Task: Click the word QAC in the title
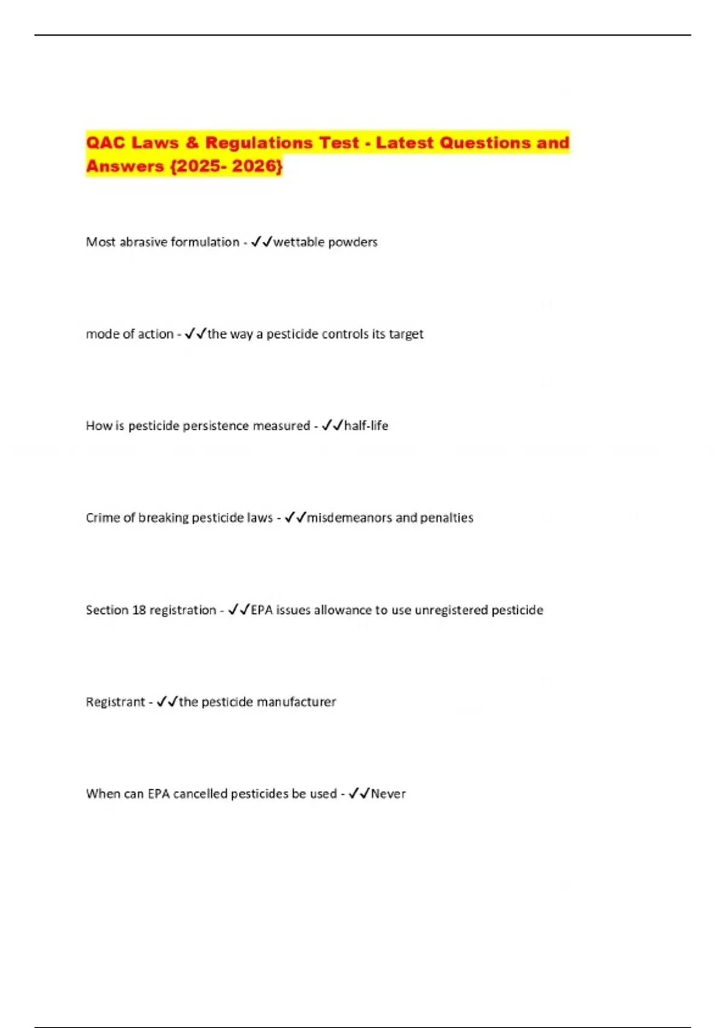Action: click(x=105, y=143)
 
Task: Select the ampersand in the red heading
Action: click(x=192, y=143)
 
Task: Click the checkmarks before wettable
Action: click(x=261, y=242)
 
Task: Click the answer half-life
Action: click(x=366, y=426)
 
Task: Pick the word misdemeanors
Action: click(x=349, y=518)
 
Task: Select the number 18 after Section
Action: click(x=139, y=610)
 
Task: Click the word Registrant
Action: click(x=116, y=701)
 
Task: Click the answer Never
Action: click(x=388, y=793)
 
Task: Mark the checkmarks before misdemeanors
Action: click(x=295, y=518)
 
